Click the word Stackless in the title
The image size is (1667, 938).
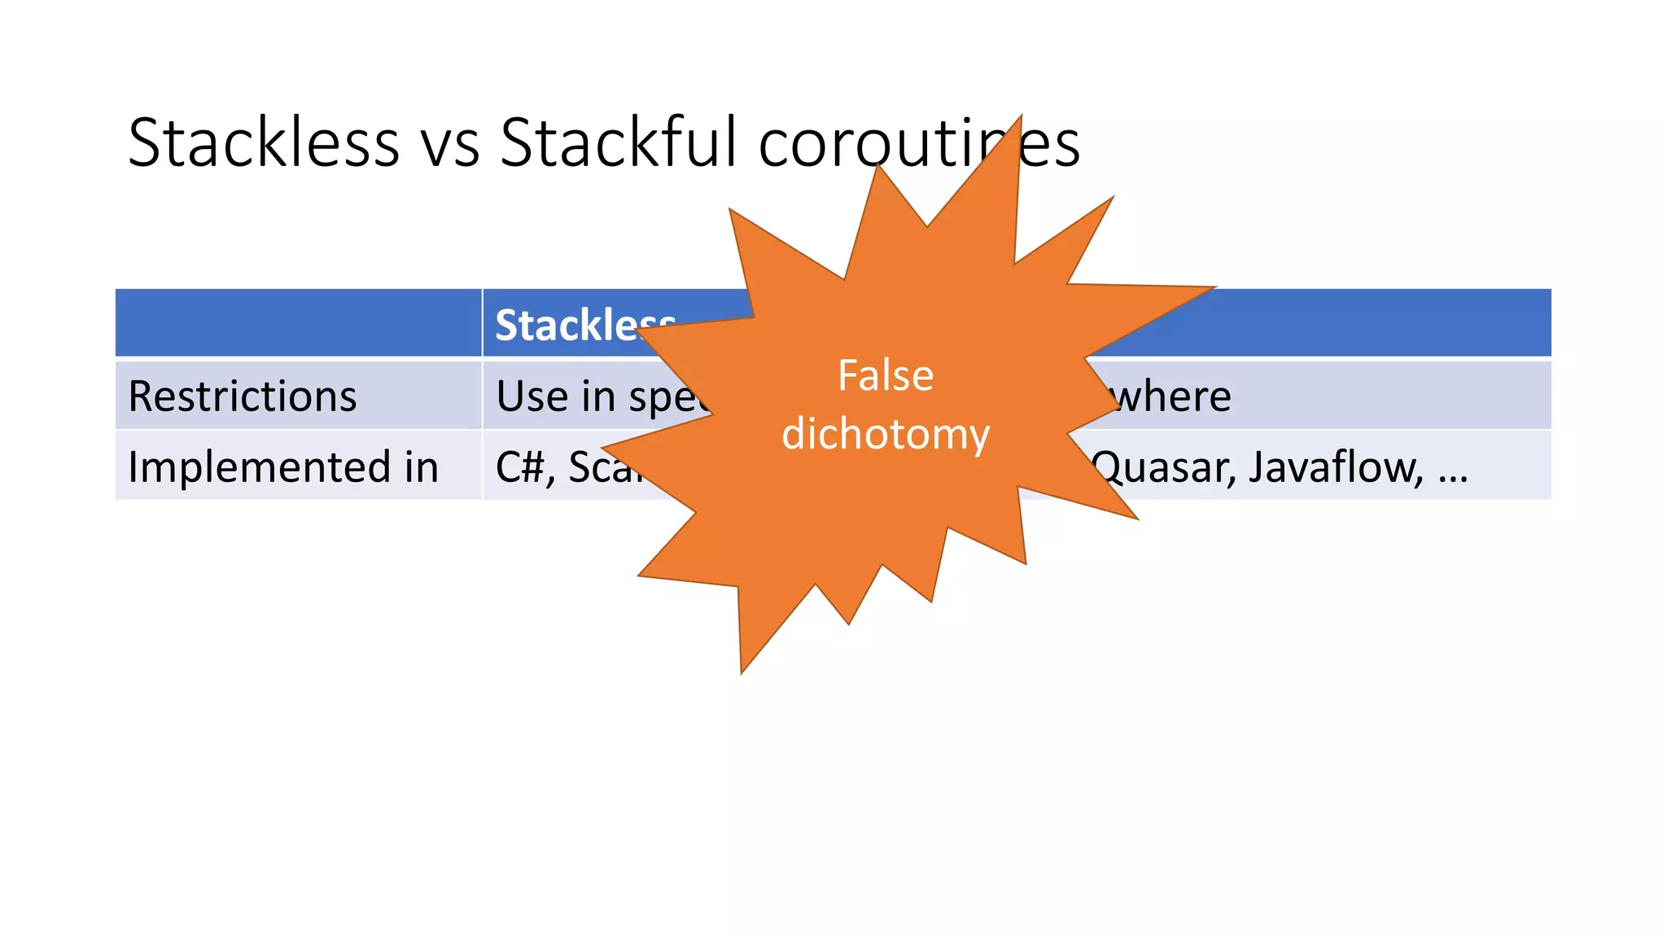click(263, 142)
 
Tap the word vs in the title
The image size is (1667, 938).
click(449, 144)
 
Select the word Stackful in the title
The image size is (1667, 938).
click(618, 142)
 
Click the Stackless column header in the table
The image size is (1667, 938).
click(583, 325)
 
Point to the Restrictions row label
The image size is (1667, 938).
click(243, 397)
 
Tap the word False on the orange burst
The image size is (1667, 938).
click(886, 376)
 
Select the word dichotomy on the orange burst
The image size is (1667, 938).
click(886, 434)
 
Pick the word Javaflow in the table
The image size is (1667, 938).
click(1335, 467)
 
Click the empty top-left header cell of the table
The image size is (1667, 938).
click(298, 323)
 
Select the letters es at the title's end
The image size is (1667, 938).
click(1051, 144)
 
